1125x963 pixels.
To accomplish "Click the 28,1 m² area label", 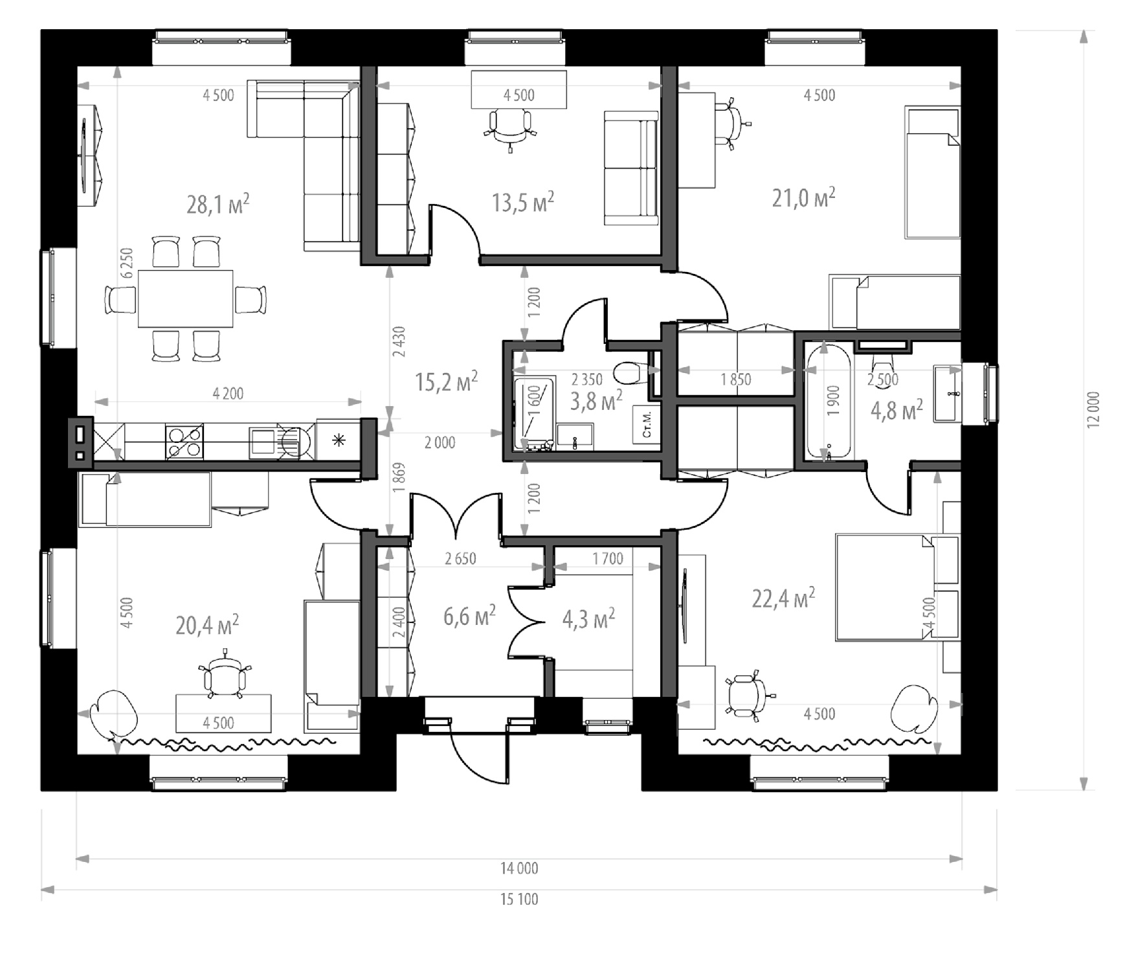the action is coord(218,204).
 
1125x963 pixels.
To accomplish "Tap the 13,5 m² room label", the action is coord(523,201).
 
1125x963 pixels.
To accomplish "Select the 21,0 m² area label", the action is coord(803,198).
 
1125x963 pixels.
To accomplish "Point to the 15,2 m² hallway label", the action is coord(447,381).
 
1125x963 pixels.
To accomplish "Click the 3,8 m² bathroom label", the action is coord(596,400).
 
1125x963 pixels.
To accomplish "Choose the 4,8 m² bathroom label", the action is coord(897,410).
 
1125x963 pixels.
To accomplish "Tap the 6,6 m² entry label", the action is coord(470,616).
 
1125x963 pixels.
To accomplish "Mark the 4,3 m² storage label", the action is coord(588,618).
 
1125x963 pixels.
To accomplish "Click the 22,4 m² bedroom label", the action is coord(783,598).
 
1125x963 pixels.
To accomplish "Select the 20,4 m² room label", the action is coord(207,626).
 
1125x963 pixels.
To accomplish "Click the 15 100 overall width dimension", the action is coord(519,900).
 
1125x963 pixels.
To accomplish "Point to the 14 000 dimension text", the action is coord(519,868).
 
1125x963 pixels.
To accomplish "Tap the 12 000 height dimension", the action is coord(1093,410).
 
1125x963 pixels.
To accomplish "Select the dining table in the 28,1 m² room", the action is coord(186,299).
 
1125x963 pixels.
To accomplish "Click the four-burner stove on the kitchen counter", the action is coord(184,442).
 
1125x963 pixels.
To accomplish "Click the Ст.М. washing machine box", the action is coord(647,424).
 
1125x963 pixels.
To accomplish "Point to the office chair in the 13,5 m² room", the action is coord(511,128).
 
